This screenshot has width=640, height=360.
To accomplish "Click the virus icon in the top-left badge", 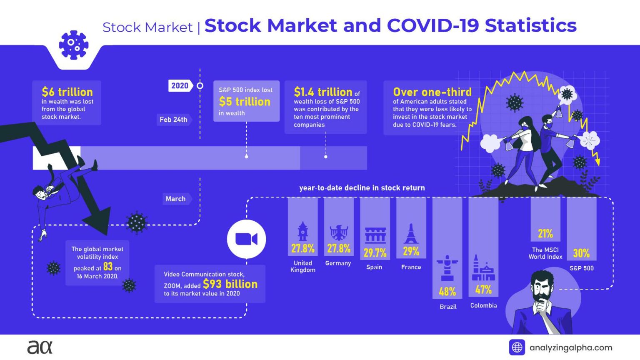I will click(x=73, y=45).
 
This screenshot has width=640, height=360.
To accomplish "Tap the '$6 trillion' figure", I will click(x=67, y=92).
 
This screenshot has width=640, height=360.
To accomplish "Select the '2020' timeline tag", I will click(x=180, y=85).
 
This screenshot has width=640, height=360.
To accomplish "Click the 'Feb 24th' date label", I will click(x=173, y=120).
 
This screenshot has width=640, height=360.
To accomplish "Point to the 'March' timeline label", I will click(x=176, y=199).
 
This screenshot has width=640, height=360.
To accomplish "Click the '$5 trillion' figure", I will click(x=245, y=102).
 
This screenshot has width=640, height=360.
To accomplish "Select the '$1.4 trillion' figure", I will click(x=323, y=92).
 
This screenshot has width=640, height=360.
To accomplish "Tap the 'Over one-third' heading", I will click(x=432, y=92).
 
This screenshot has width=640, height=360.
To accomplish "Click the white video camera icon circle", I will click(x=246, y=239).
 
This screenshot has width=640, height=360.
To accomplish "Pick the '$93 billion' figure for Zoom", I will click(x=230, y=284).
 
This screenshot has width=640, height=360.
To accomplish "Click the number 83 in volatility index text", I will click(x=108, y=267).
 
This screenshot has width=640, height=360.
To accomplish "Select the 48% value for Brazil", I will click(x=447, y=291).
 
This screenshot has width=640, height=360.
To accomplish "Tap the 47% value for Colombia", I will click(x=483, y=289).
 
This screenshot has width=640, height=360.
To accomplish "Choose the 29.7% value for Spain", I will click(x=375, y=252).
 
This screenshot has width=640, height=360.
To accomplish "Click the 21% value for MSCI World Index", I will click(x=545, y=233).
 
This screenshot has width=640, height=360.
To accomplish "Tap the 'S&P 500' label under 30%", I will click(x=581, y=268).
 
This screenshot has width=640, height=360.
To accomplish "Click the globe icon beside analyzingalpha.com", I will click(x=517, y=347).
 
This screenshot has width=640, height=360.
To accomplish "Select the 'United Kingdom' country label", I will click(x=303, y=266).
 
